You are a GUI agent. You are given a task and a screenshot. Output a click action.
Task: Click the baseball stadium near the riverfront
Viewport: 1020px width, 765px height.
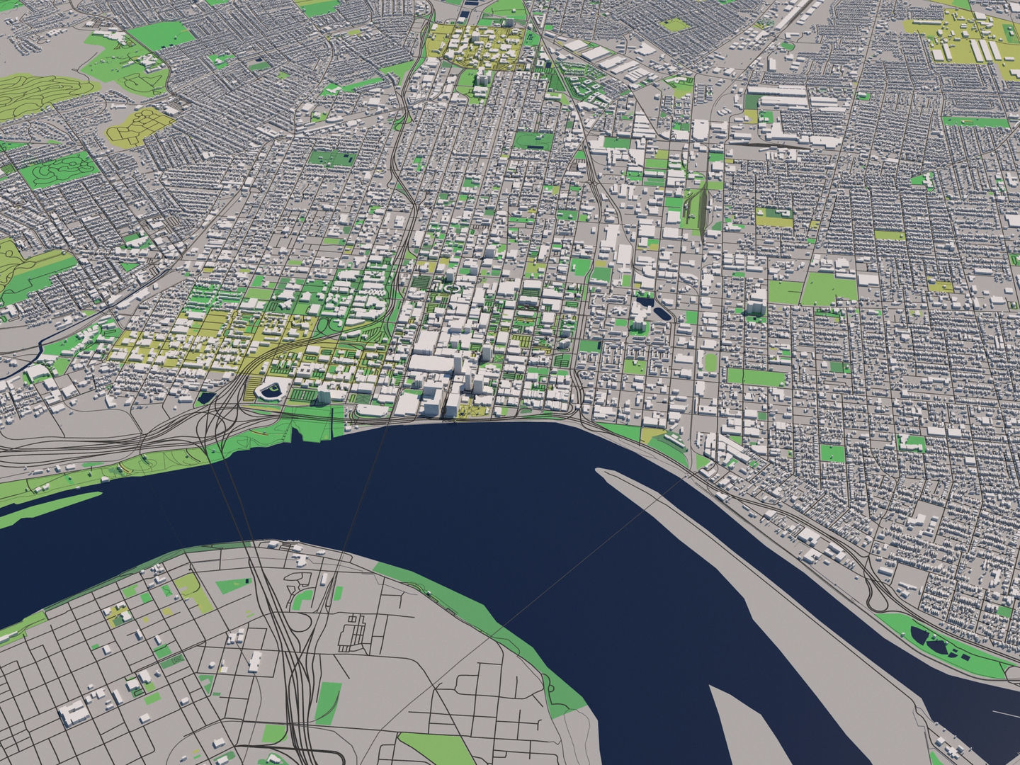click(271, 390)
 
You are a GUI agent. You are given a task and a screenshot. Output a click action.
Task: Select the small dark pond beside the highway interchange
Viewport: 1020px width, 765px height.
click(206, 398)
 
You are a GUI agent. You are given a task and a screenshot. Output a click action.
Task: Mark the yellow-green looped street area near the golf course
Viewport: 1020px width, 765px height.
click(140, 124)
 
